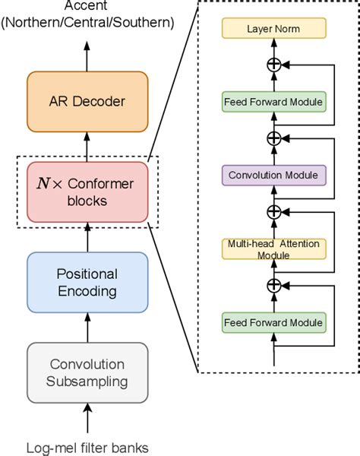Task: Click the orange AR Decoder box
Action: tap(87, 101)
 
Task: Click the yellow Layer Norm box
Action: tap(274, 30)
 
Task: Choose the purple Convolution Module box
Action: tap(274, 174)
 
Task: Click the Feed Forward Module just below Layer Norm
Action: tap(274, 101)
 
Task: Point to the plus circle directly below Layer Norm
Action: tap(274, 65)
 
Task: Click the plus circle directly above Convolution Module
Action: tap(274, 138)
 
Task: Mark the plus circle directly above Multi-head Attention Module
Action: tap(274, 211)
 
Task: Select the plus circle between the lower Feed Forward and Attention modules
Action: tap(274, 284)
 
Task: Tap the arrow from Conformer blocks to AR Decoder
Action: tap(87, 146)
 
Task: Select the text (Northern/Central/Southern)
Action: tap(87, 23)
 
